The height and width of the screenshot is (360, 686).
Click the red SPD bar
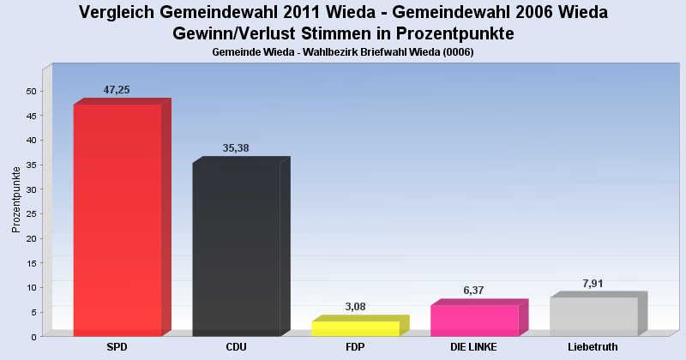pyautogui.click(x=117, y=219)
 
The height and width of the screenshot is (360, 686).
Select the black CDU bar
pyautogui.click(x=236, y=249)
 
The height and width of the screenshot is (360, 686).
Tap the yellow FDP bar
pyautogui.click(x=355, y=328)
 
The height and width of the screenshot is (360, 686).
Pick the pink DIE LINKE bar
pyautogui.click(x=474, y=320)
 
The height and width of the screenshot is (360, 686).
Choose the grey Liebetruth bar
pyautogui.click(x=593, y=316)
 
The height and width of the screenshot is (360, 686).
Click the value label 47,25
pyautogui.click(x=117, y=89)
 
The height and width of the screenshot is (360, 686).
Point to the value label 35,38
pyautogui.click(x=236, y=148)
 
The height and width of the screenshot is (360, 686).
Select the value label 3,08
pyautogui.click(x=355, y=307)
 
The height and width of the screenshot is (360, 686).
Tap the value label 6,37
pyautogui.click(x=474, y=291)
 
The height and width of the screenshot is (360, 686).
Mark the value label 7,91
pyautogui.click(x=593, y=283)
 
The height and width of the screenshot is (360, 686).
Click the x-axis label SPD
pyautogui.click(x=117, y=347)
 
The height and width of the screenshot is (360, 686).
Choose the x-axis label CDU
pyautogui.click(x=236, y=347)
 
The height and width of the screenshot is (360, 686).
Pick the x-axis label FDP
pyautogui.click(x=355, y=347)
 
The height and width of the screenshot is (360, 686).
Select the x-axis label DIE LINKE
pyautogui.click(x=474, y=347)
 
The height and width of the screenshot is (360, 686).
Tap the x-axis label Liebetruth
pyautogui.click(x=593, y=347)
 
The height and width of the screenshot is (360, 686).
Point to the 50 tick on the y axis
pyautogui.click(x=31, y=91)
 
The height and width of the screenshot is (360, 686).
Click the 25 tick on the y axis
pyautogui.click(x=31, y=213)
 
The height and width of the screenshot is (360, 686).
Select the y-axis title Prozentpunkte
pyautogui.click(x=16, y=199)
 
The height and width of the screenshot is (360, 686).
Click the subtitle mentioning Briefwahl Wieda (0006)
pyautogui.click(x=343, y=52)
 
